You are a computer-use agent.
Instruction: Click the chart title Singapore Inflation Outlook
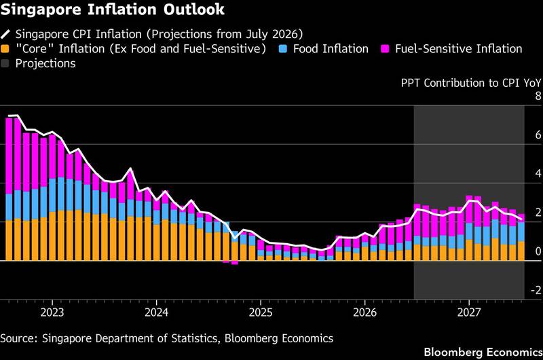tap(112, 10)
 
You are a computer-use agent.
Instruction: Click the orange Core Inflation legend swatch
tap(5, 49)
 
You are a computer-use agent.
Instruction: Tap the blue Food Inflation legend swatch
tap(283, 49)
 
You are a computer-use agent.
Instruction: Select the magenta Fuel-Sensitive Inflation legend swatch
tap(385, 49)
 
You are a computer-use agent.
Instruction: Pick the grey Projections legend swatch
tap(5, 63)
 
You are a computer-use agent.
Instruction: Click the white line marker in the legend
tap(5, 35)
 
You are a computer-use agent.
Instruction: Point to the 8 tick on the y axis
tap(538, 96)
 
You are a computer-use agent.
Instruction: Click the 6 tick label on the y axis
tap(538, 134)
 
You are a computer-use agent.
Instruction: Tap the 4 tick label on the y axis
tap(538, 174)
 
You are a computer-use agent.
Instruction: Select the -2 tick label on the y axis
tap(536, 290)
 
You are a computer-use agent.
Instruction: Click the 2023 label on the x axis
tap(52, 312)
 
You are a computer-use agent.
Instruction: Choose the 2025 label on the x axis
tap(261, 312)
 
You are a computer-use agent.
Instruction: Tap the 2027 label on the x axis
tap(469, 312)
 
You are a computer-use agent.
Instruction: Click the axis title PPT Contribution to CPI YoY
tap(471, 83)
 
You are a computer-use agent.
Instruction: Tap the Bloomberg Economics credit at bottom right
tap(483, 353)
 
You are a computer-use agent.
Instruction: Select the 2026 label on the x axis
tap(364, 312)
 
